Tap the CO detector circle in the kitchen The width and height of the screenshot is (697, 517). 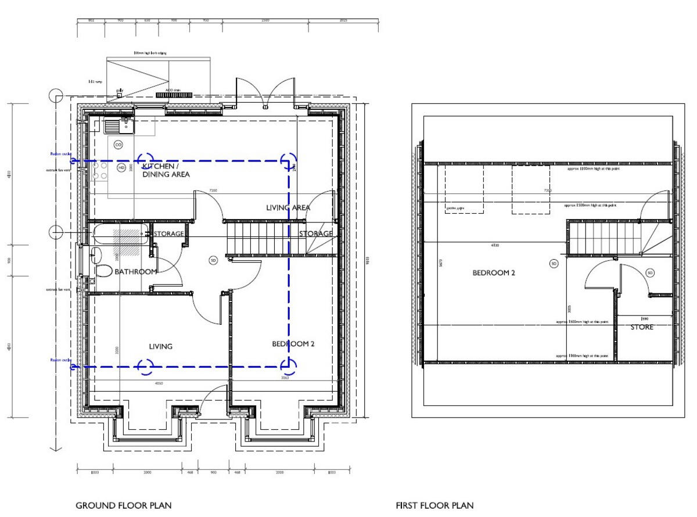point(118,144)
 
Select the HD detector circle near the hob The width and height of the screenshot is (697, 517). point(121,168)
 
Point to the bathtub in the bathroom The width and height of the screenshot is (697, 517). point(119,236)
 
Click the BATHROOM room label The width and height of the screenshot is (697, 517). point(135,272)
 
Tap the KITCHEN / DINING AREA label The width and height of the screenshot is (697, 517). point(166,170)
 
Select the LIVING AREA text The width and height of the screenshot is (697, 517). point(288,207)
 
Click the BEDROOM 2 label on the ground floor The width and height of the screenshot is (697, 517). point(293,344)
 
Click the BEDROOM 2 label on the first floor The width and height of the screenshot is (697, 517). point(493,272)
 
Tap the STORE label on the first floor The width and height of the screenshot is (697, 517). point(642,327)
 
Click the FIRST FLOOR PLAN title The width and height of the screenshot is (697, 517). point(434,505)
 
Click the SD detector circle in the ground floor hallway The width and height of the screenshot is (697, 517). point(213,260)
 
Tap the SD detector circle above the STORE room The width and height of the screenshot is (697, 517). point(650,272)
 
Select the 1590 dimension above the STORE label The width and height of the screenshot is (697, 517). point(644,318)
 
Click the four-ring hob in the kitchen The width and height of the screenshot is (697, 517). point(99,170)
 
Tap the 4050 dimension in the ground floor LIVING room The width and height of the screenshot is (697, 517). point(159,383)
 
